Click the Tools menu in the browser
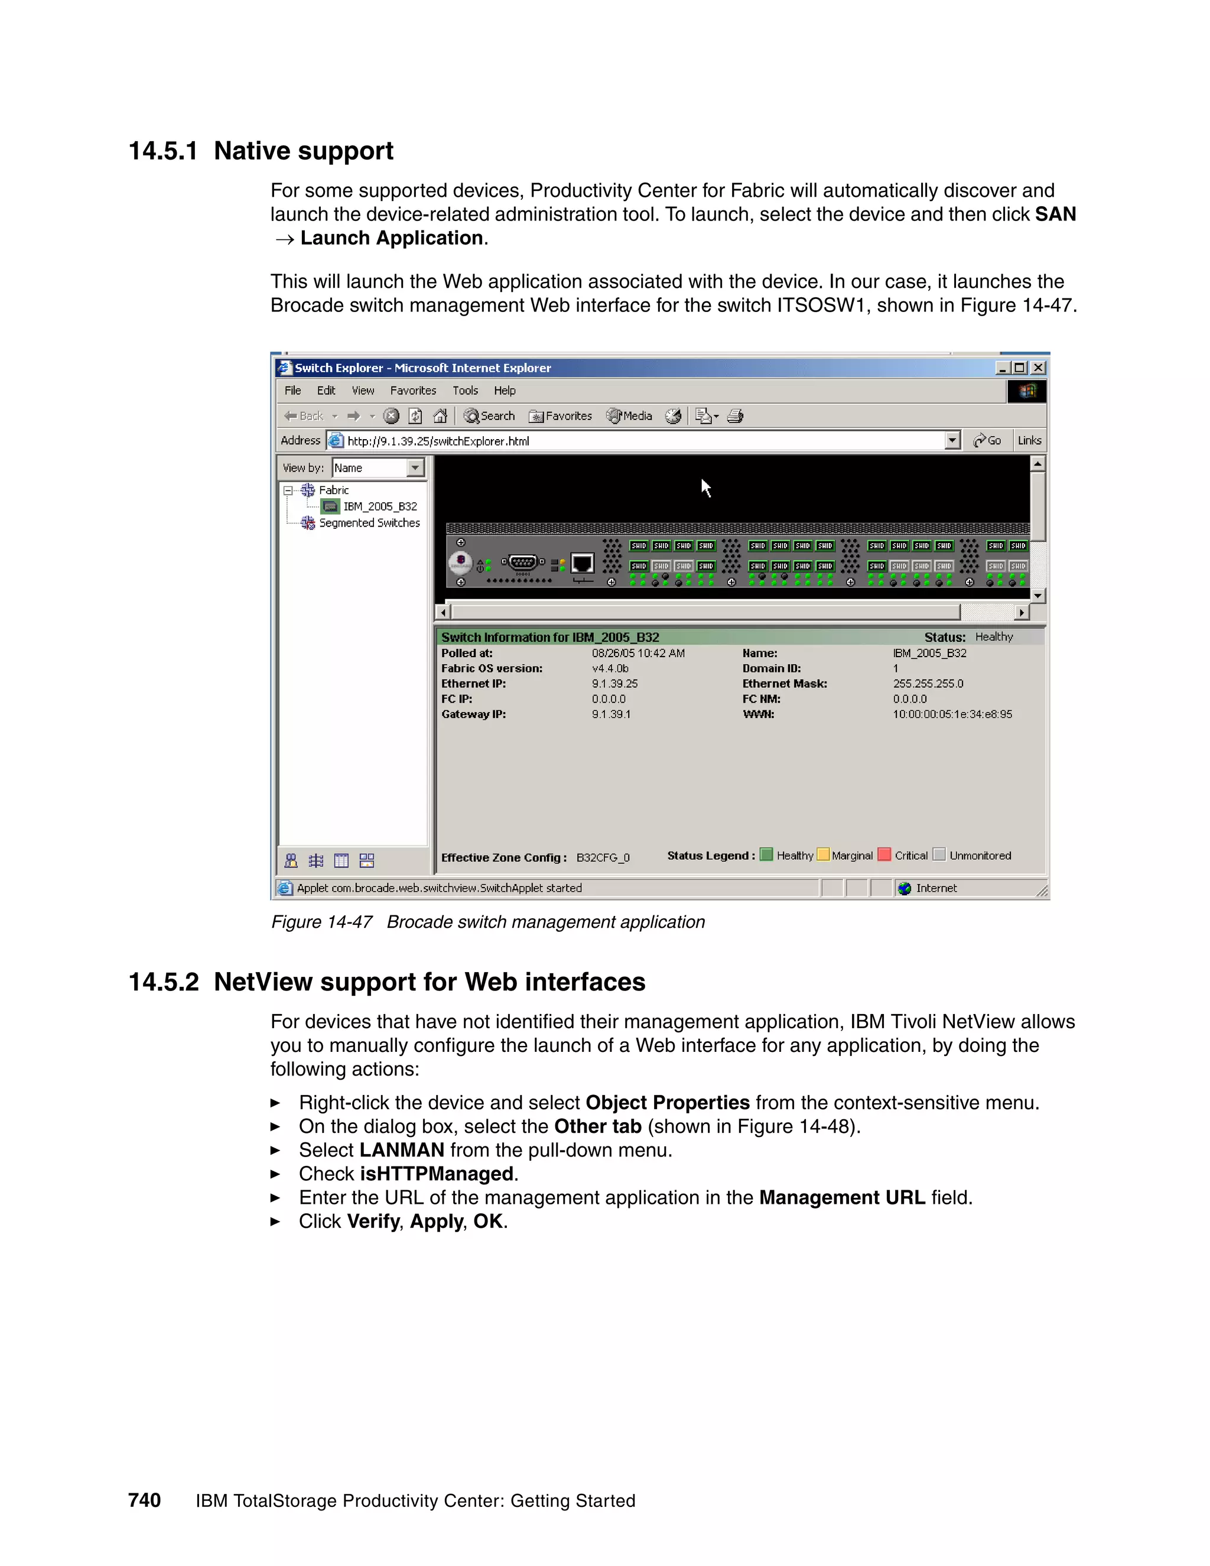pos(465,391)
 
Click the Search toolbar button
pos(490,416)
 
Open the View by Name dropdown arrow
pos(415,468)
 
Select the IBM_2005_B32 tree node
pos(379,506)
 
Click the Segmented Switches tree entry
pos(369,523)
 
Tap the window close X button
pos(1038,368)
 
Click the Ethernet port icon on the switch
pos(582,564)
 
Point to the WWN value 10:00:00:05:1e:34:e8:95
pos(952,714)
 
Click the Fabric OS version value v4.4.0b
pos(610,668)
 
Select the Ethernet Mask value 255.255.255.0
pos(928,683)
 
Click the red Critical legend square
pos(884,855)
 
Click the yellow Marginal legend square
pos(823,855)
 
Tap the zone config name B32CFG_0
pos(603,857)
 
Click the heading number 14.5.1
pos(162,151)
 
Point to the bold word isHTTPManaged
pos(436,1174)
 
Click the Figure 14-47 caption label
pos(321,922)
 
